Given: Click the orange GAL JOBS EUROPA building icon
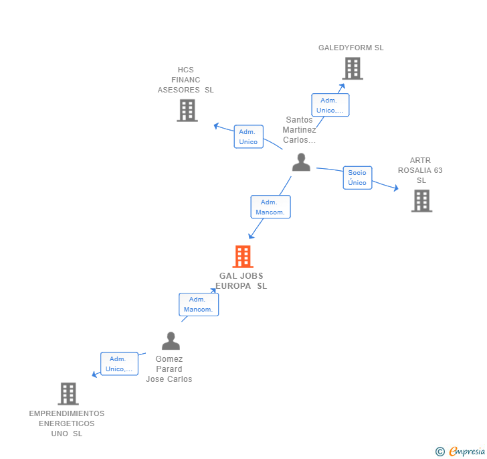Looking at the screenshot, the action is (x=242, y=257).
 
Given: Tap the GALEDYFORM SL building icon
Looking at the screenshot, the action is (x=352, y=68).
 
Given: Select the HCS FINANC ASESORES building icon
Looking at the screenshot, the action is (x=187, y=111).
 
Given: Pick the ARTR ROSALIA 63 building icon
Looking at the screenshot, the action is (x=421, y=201).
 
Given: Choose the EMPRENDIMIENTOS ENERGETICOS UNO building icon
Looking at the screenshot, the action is (x=68, y=394).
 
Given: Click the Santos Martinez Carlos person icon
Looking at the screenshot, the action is (x=301, y=162).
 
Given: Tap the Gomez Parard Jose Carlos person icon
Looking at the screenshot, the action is (x=171, y=341).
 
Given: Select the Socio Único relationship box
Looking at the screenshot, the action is (x=357, y=178).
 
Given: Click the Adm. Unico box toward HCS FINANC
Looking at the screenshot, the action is (x=248, y=137).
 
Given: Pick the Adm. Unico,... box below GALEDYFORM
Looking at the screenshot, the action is (x=330, y=105).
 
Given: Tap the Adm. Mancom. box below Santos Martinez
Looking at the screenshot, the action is (x=270, y=207).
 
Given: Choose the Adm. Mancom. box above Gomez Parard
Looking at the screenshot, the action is (x=198, y=304).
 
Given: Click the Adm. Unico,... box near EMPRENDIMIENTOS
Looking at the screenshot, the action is (x=119, y=364).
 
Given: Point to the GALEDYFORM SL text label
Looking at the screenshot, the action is (x=351, y=48).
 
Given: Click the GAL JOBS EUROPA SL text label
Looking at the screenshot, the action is (x=241, y=281).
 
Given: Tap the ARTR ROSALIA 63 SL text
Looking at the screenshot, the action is (x=420, y=170).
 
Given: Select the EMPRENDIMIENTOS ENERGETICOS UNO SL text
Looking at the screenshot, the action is (x=67, y=423).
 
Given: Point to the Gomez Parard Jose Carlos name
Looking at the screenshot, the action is (x=169, y=369).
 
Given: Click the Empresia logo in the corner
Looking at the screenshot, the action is (x=461, y=451).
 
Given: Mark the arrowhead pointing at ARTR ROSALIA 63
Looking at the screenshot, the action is (x=396, y=189).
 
